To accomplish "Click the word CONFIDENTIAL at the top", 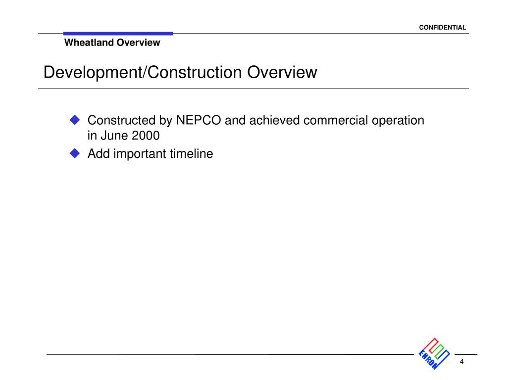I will click(442, 28).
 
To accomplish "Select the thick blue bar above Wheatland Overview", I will click(118, 34).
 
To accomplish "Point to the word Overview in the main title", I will click(282, 72).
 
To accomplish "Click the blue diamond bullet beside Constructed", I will click(75, 120).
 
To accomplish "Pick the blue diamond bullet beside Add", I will click(75, 153).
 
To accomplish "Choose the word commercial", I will click(336, 120).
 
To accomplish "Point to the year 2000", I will click(146, 136).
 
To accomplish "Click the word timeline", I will click(192, 154).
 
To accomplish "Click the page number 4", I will click(461, 362).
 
